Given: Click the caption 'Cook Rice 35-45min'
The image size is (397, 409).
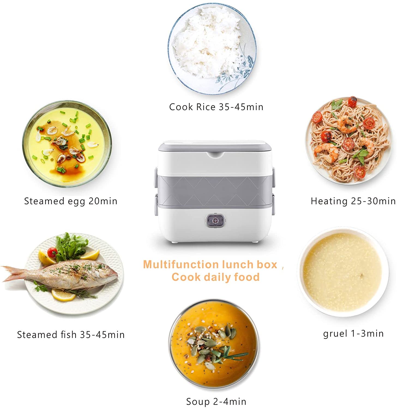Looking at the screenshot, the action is (x=216, y=107).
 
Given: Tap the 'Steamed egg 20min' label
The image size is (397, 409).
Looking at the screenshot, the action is (x=71, y=201).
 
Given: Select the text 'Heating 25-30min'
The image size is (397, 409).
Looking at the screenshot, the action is (x=353, y=201).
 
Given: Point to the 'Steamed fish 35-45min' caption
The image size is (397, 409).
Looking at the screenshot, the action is (x=71, y=335).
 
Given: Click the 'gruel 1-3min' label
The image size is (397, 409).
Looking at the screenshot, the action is (x=353, y=334).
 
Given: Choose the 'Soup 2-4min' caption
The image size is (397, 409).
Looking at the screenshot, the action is (x=216, y=401).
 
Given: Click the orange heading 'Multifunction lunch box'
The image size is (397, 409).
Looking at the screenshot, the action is (x=210, y=264).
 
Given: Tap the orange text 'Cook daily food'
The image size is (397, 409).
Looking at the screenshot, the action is (x=215, y=277).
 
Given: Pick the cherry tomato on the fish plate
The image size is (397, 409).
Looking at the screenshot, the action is (x=52, y=252).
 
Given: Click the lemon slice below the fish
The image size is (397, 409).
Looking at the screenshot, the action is (x=64, y=294).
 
